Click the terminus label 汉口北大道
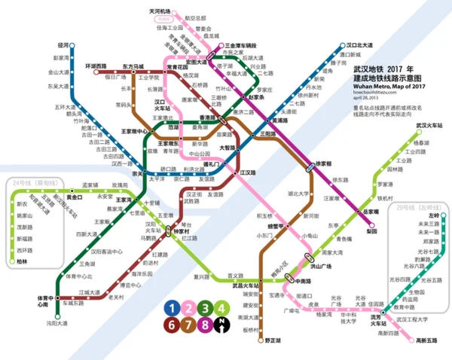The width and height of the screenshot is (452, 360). click(x=356, y=45)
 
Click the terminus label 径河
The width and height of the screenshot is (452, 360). click(x=63, y=46)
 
